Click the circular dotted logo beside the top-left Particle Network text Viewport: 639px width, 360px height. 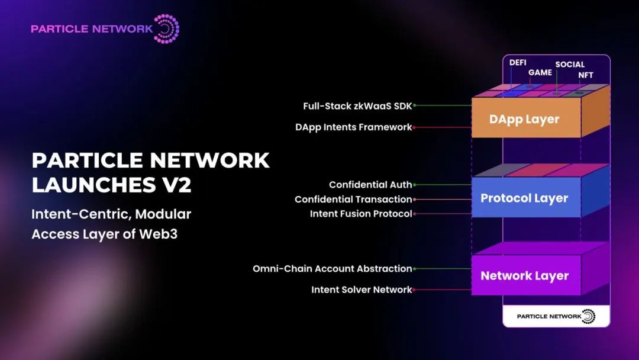pyautogui.click(x=166, y=28)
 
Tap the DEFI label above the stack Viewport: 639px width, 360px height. pyautogui.click(x=518, y=63)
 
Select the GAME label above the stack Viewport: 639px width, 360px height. pyautogui.click(x=540, y=72)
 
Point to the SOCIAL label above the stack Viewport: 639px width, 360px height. pyautogui.click(x=570, y=65)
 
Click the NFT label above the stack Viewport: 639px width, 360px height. pyautogui.click(x=586, y=75)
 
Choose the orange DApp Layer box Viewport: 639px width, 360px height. pyautogui.click(x=524, y=118)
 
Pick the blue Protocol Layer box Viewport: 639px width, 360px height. pyautogui.click(x=524, y=198)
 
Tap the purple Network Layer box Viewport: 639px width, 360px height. pyautogui.click(x=524, y=275)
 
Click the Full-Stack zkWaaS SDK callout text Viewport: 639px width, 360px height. pyautogui.click(x=357, y=106)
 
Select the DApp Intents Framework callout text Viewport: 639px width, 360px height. pyautogui.click(x=353, y=127)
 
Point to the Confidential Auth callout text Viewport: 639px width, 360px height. pyautogui.click(x=370, y=185)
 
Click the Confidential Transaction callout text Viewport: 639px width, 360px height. pyautogui.click(x=353, y=200)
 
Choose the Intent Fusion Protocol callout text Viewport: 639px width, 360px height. pyautogui.click(x=361, y=214)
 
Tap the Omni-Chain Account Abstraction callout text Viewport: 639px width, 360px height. pyautogui.click(x=332, y=269)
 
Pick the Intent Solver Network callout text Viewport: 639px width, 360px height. pyautogui.click(x=362, y=290)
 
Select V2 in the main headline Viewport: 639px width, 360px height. pyautogui.click(x=176, y=184)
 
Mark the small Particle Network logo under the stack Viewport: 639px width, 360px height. pyautogui.click(x=556, y=316)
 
